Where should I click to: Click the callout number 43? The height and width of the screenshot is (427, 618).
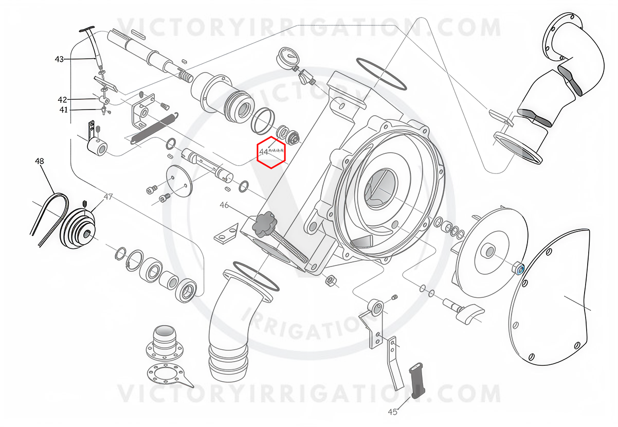[x=59, y=59]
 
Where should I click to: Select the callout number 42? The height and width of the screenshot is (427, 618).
[x=62, y=99]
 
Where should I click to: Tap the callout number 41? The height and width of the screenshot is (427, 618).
[x=63, y=110]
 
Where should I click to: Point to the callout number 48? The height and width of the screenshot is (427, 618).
[x=40, y=161]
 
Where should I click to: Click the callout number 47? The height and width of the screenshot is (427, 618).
[x=108, y=197]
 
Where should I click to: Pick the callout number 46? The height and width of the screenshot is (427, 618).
[x=224, y=205]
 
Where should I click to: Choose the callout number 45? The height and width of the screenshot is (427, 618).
[x=392, y=412]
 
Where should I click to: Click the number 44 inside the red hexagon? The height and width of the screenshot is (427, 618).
[x=264, y=152]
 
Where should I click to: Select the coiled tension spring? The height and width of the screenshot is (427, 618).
[x=154, y=128]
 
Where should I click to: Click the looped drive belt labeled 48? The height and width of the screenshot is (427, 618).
[x=50, y=218]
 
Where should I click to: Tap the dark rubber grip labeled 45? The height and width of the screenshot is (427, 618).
[x=417, y=381]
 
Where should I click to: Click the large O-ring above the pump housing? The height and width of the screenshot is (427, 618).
[x=381, y=74]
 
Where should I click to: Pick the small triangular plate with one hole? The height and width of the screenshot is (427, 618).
[x=226, y=234]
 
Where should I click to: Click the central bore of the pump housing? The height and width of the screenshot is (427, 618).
[x=379, y=188]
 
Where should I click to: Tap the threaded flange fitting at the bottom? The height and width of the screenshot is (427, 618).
[x=165, y=342]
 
